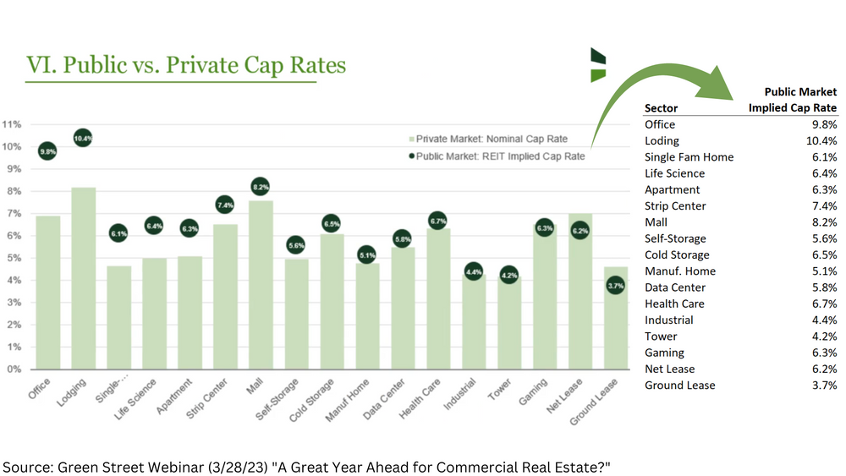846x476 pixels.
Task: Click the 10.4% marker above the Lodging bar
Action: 83,138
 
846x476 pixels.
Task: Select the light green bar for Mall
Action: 261,287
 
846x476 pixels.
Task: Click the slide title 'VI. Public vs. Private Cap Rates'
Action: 186,65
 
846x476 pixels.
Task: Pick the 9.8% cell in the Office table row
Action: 824,124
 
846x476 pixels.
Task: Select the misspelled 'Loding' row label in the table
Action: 662,141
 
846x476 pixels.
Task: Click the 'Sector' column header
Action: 661,108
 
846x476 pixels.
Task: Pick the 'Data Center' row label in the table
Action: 674,287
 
